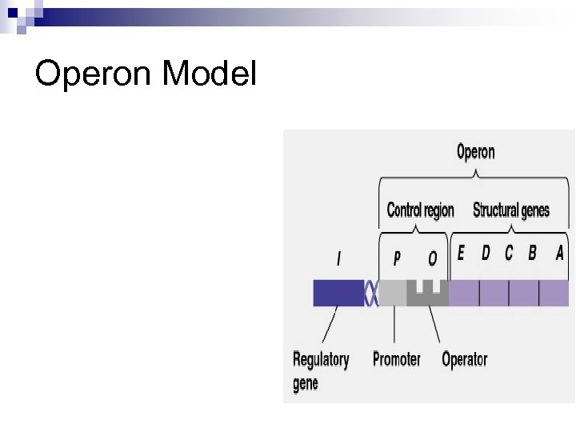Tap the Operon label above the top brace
tap(475, 152)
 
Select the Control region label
tap(420, 210)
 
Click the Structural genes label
tap(511, 210)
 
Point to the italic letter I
tap(338, 258)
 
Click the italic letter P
tap(397, 258)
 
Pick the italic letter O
tap(433, 258)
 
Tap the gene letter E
tap(460, 254)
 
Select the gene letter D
tap(486, 254)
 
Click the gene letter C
tap(509, 254)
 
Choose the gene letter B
tap(532, 254)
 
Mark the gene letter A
tap(559, 254)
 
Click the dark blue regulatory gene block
tap(338, 293)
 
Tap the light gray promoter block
tap(392, 294)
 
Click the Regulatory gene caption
tap(320, 370)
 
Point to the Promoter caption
tap(396, 359)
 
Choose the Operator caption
tap(464, 359)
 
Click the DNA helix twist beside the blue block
tap(371, 293)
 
